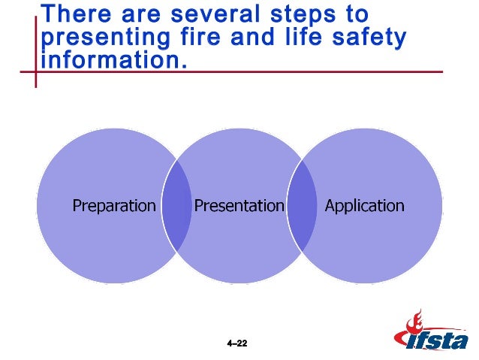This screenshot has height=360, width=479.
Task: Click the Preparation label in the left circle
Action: coord(114,206)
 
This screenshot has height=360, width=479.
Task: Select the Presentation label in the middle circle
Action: coord(239,206)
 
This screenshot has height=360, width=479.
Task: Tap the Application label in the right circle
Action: coord(364,206)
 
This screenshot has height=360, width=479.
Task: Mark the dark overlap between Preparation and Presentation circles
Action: coord(177,206)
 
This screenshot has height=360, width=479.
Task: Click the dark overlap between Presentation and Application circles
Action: coord(302,206)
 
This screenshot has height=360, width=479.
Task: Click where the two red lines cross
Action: coord(35,72)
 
